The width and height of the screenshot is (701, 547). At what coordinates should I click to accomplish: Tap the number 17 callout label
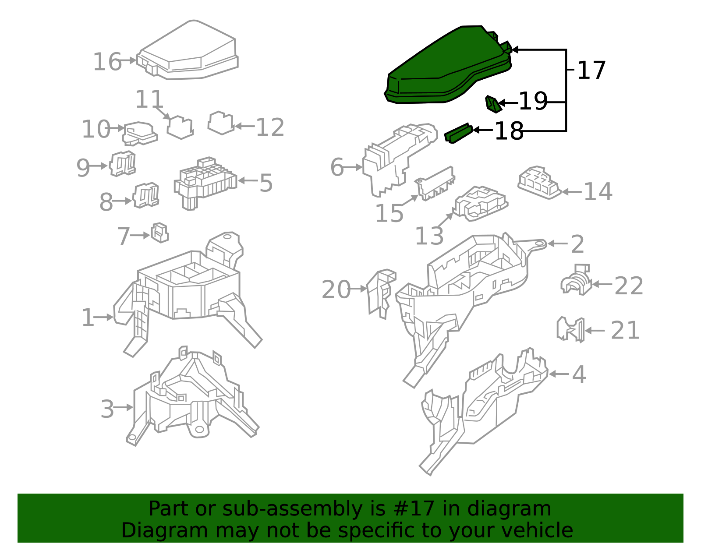[x=591, y=71]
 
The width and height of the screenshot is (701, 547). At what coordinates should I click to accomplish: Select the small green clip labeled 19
[x=492, y=104]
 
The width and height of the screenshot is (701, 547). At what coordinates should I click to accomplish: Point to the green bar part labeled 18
[x=458, y=133]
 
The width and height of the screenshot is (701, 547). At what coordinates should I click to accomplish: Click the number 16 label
[x=107, y=62]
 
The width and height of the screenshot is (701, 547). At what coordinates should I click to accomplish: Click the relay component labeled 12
[x=221, y=123]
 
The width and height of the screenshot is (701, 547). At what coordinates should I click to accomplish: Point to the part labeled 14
[x=539, y=182]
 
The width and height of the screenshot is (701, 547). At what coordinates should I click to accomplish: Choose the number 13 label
[x=429, y=236]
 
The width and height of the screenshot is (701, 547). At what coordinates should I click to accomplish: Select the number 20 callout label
[x=336, y=289]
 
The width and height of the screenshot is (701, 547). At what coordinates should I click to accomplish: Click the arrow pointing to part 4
[x=559, y=374]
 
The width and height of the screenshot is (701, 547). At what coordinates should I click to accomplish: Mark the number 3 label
[x=107, y=409]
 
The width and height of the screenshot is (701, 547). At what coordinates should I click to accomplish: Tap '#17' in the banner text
[x=414, y=509]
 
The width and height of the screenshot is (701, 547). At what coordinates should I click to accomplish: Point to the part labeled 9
[x=122, y=164]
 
